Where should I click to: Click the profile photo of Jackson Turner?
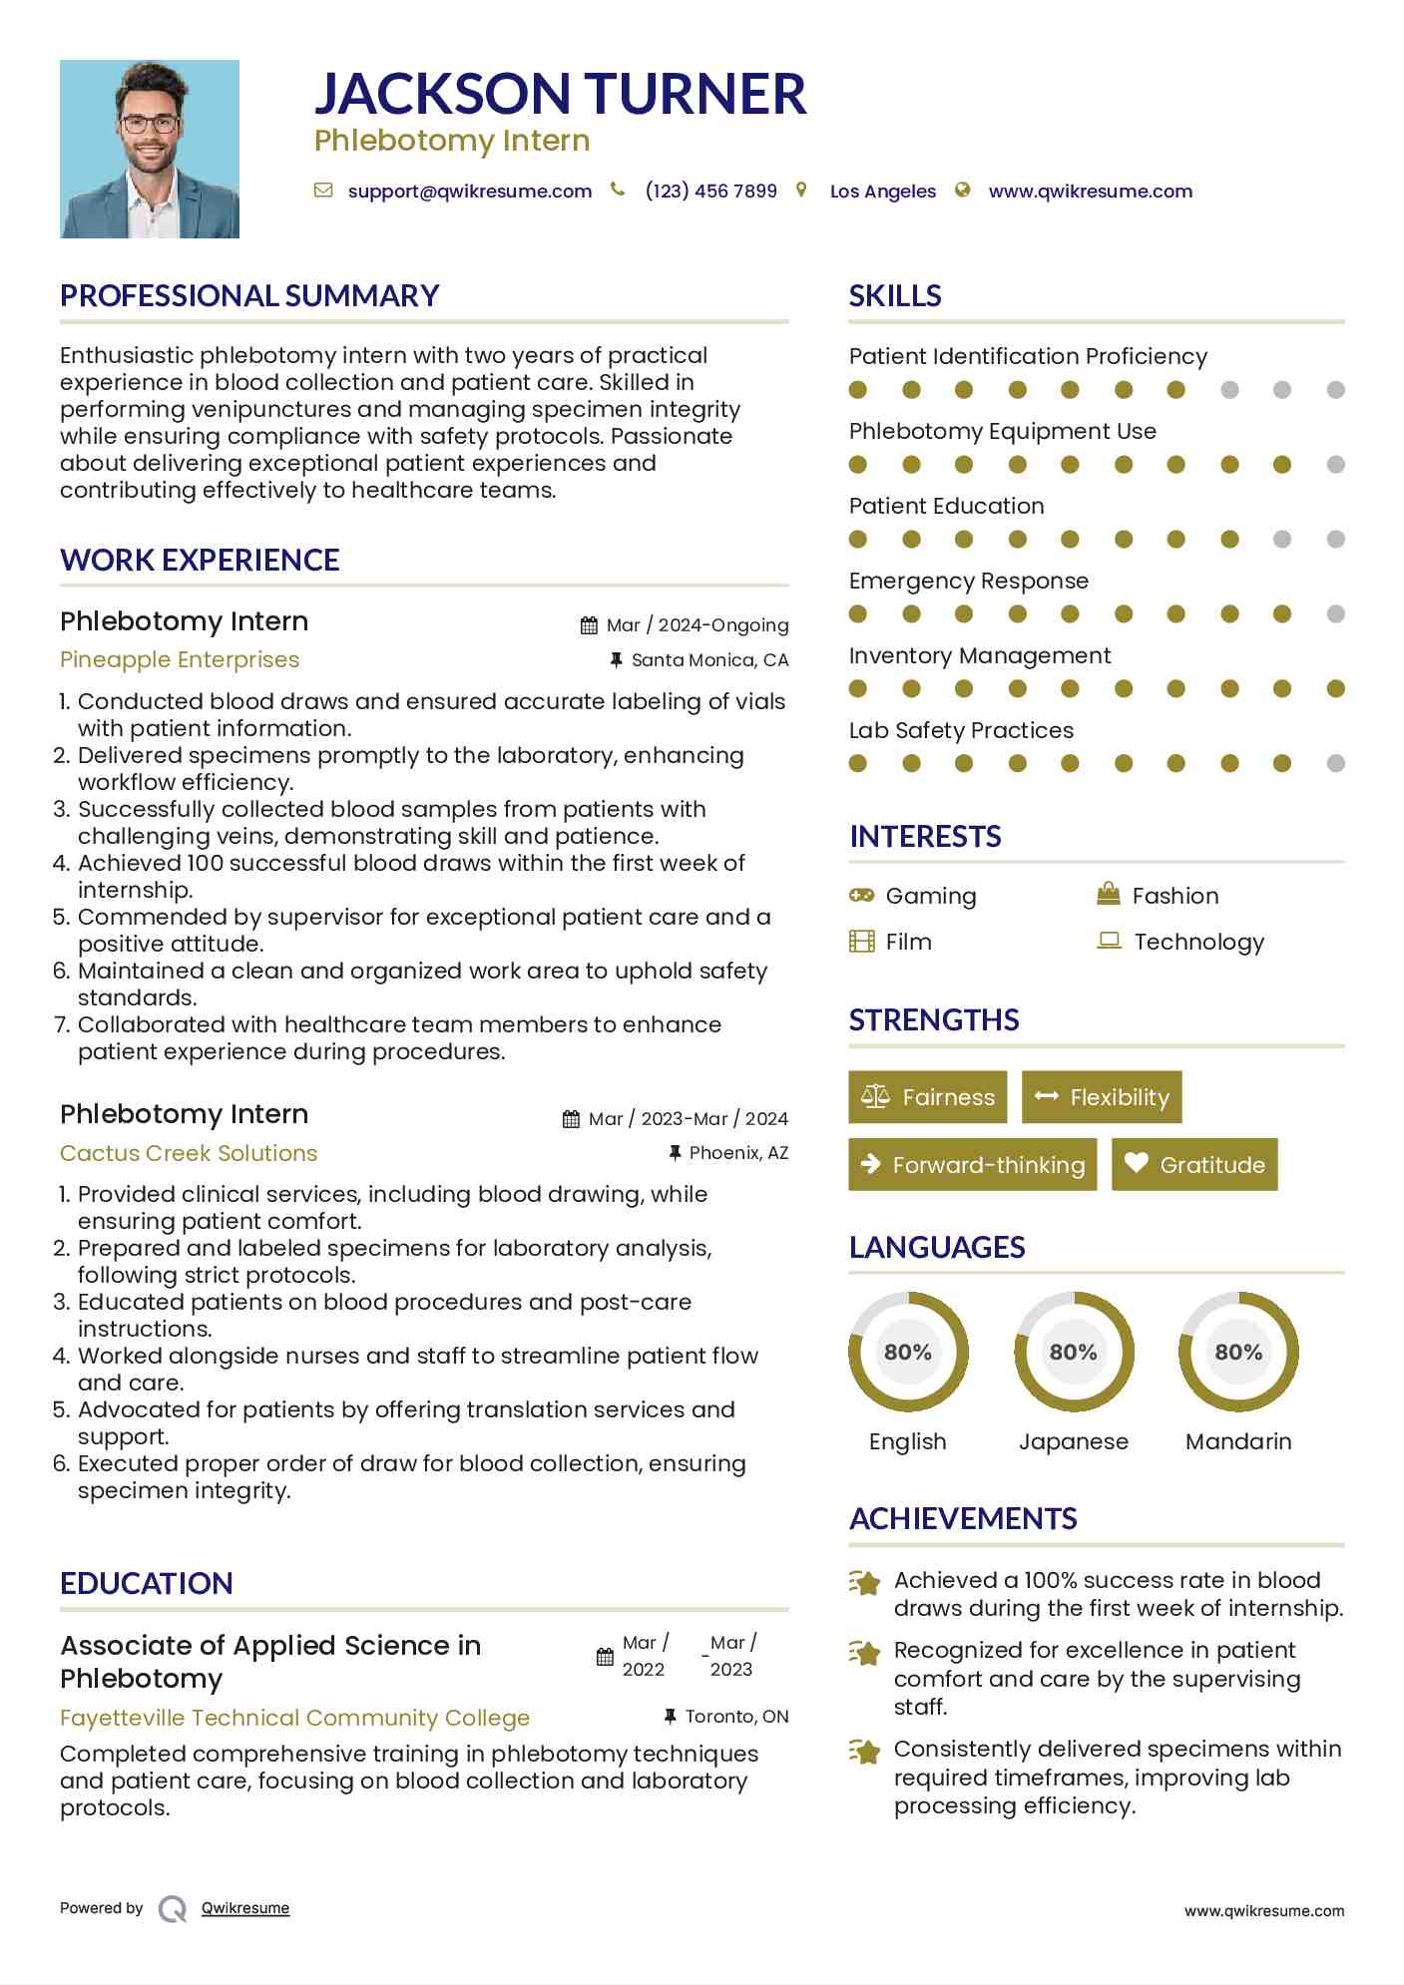[150, 149]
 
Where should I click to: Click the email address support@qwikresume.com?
[469, 192]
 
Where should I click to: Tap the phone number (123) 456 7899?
[710, 192]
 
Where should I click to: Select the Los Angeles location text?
[882, 192]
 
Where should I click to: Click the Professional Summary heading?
[249, 296]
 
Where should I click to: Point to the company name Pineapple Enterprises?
[180, 659]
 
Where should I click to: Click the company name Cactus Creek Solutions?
[189, 1153]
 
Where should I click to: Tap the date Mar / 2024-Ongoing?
[697, 625]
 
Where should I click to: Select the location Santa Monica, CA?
[709, 660]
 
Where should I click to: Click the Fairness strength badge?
[927, 1097]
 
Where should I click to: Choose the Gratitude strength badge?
[1194, 1165]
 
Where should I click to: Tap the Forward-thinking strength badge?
[972, 1165]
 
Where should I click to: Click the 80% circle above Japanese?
[1074, 1352]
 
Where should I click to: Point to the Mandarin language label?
[1238, 1441]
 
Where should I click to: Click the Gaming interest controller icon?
[861, 896]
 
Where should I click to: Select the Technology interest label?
[1198, 942]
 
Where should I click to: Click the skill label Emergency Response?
[968, 581]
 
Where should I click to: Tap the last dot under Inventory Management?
[1335, 688]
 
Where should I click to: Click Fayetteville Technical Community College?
[294, 1718]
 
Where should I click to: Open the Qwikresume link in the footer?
[245, 1908]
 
